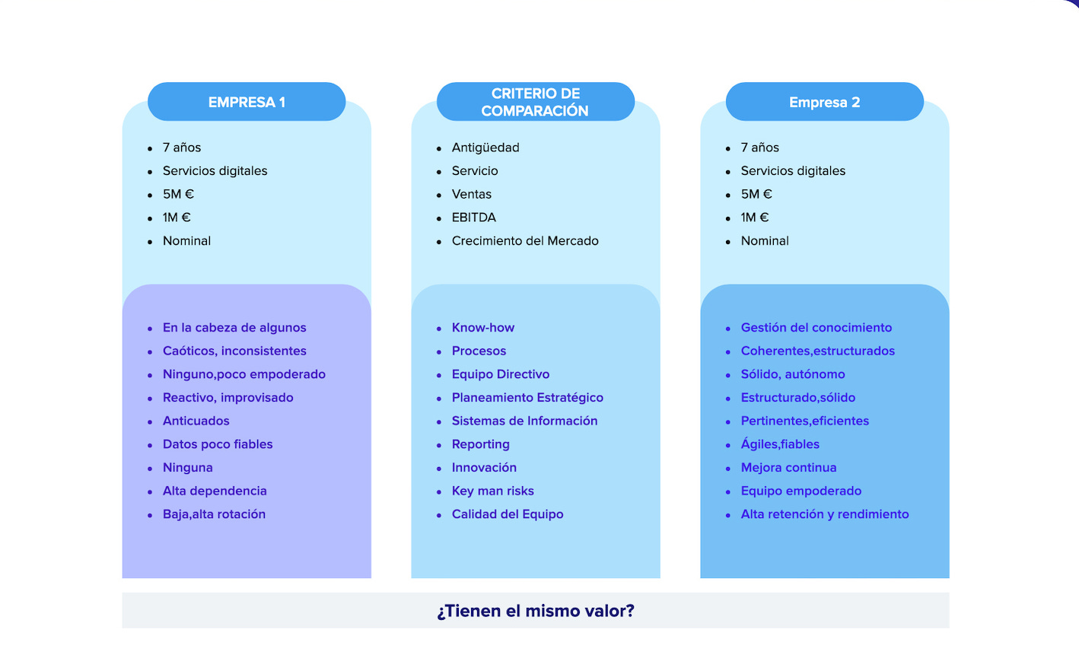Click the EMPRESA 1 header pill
tap(247, 102)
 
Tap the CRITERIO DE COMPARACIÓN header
tap(535, 102)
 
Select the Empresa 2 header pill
tap(824, 102)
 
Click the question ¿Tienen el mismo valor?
tap(536, 611)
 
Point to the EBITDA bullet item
tap(473, 218)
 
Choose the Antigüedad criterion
tap(485, 148)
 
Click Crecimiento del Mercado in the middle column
tap(525, 241)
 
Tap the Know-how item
tap(483, 328)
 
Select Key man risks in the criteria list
tap(493, 491)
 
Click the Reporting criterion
tap(481, 444)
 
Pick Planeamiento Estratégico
tap(527, 398)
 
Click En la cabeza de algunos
tap(234, 328)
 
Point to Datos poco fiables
tap(218, 444)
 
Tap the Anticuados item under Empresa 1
tap(196, 421)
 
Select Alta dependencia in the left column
tap(215, 491)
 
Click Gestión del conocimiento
tap(816, 328)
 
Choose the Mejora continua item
tap(789, 468)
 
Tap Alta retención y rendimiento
tap(825, 514)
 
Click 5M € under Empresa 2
tap(756, 194)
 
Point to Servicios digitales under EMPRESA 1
tap(215, 171)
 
